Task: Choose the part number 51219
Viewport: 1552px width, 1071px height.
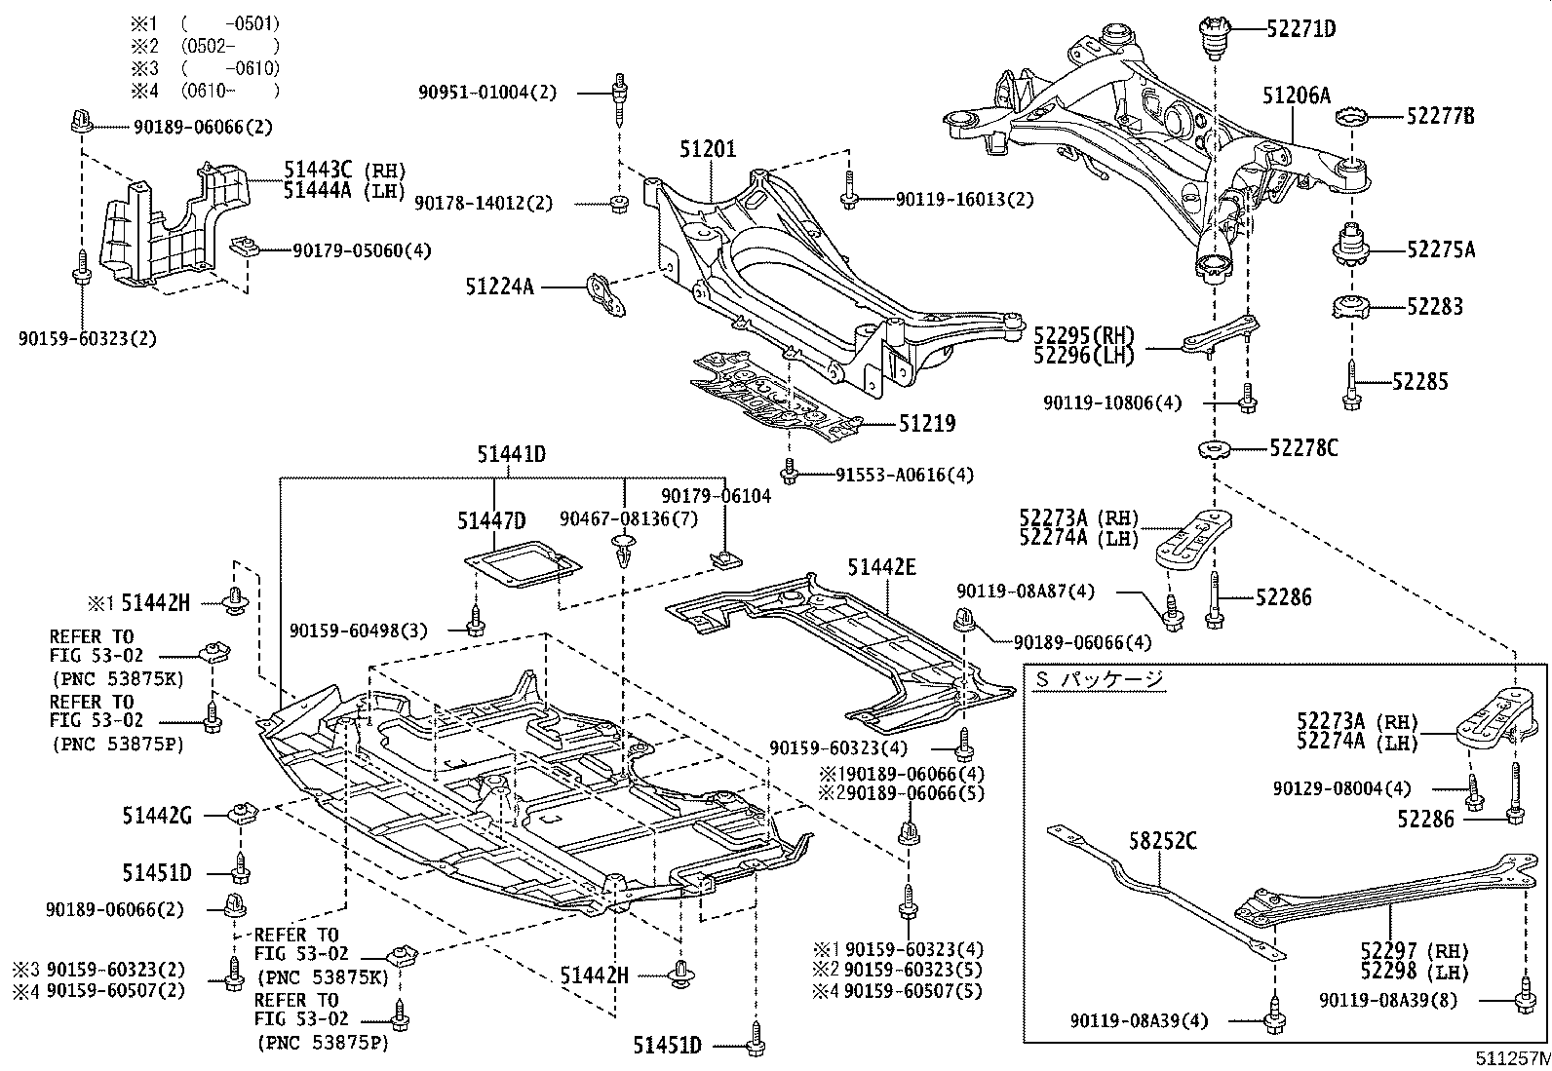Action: [x=926, y=423]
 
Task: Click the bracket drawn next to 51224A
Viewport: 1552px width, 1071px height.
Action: [x=603, y=296]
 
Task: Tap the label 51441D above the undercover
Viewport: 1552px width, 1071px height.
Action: [x=510, y=453]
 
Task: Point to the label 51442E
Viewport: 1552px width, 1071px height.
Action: [x=880, y=566]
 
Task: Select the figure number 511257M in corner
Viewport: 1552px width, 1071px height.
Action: [x=1511, y=1057]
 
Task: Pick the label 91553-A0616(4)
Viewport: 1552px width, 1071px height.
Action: [x=904, y=475]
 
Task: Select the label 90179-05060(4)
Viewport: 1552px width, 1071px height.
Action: [x=362, y=250]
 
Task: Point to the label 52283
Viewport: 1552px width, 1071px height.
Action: [x=1434, y=307]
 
